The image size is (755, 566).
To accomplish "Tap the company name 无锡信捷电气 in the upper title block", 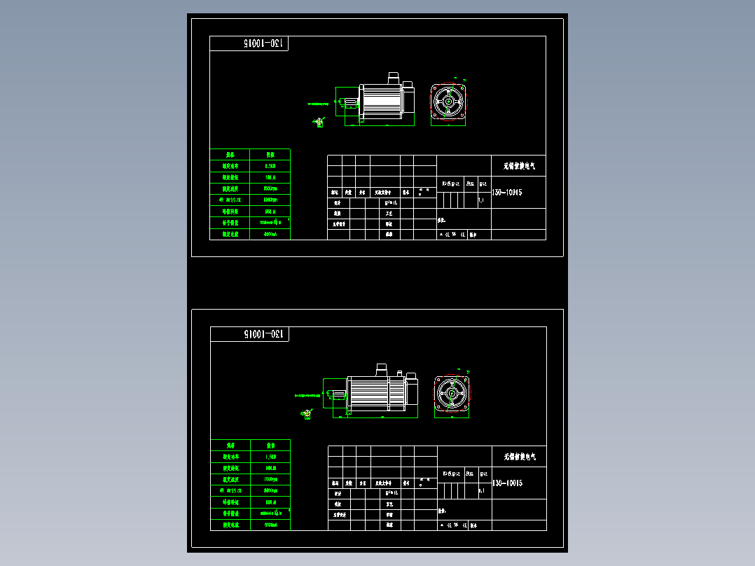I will [519, 167].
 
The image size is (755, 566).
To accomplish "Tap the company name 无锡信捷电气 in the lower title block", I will [519, 457].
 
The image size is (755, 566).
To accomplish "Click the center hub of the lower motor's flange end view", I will [452, 395].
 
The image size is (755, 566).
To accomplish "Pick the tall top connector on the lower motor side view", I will [382, 368].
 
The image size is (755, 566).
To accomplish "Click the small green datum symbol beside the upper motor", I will [319, 123].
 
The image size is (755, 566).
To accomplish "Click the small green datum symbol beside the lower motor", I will [307, 414].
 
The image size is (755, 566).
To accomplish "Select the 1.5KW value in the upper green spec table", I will [270, 166].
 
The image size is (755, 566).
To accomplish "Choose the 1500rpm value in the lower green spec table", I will [270, 479].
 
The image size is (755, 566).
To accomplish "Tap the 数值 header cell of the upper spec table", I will [270, 154].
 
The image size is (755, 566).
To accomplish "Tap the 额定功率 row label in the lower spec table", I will [230, 457].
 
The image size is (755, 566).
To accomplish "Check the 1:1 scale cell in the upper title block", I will [481, 200].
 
